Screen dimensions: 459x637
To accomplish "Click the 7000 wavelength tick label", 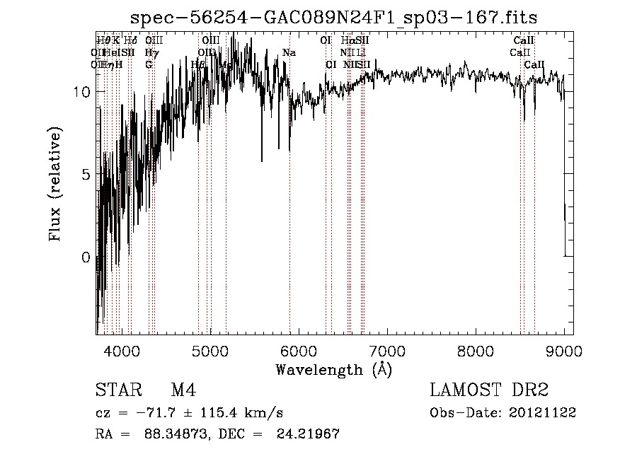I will tap(387, 350).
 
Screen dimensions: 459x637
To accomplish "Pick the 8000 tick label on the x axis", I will tap(476, 350).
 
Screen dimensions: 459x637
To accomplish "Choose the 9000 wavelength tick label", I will tap(563, 350).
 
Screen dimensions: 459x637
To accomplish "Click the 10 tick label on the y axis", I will tap(81, 92).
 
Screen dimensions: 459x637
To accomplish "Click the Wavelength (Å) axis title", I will tap(333, 369).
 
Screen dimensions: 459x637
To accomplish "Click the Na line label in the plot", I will tap(289, 52).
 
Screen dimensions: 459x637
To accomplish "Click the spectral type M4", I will tap(183, 390).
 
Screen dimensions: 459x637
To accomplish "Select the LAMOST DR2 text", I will tap(489, 390).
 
